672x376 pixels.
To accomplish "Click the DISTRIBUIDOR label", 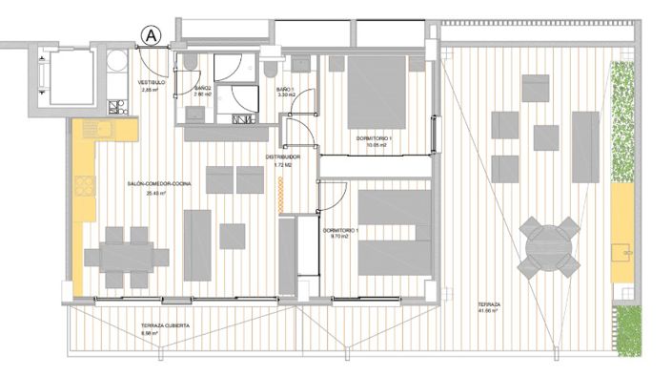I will pyautogui.click(x=283, y=157).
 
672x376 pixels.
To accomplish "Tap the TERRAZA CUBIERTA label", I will pyautogui.click(x=165, y=325).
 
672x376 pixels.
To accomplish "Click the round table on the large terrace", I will pyautogui.click(x=550, y=245).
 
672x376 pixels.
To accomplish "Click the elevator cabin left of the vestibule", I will pyautogui.click(x=69, y=76).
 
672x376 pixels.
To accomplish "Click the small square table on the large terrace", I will pyautogui.click(x=547, y=136).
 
